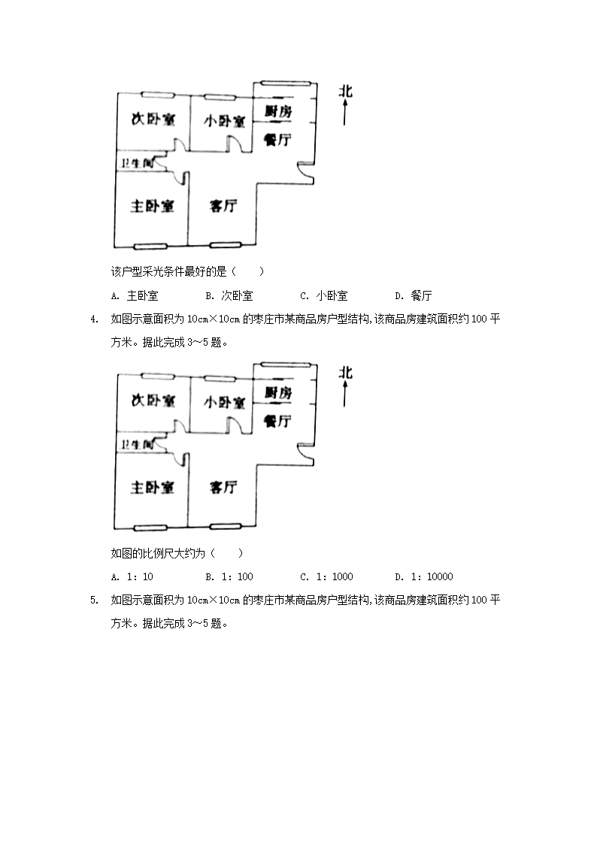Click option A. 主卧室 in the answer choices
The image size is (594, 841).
pos(134,296)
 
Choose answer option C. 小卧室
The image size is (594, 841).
pos(323,296)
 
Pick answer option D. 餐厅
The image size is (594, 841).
pos(413,296)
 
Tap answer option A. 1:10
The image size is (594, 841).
pos(132,577)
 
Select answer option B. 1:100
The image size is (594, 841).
pos(229,577)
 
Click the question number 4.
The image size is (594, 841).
pos(93,319)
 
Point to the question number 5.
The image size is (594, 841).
pos(93,600)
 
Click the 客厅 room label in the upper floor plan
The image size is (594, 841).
pos(223,206)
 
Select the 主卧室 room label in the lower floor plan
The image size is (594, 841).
pos(153,488)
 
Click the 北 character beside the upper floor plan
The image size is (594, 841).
pos(345,92)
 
